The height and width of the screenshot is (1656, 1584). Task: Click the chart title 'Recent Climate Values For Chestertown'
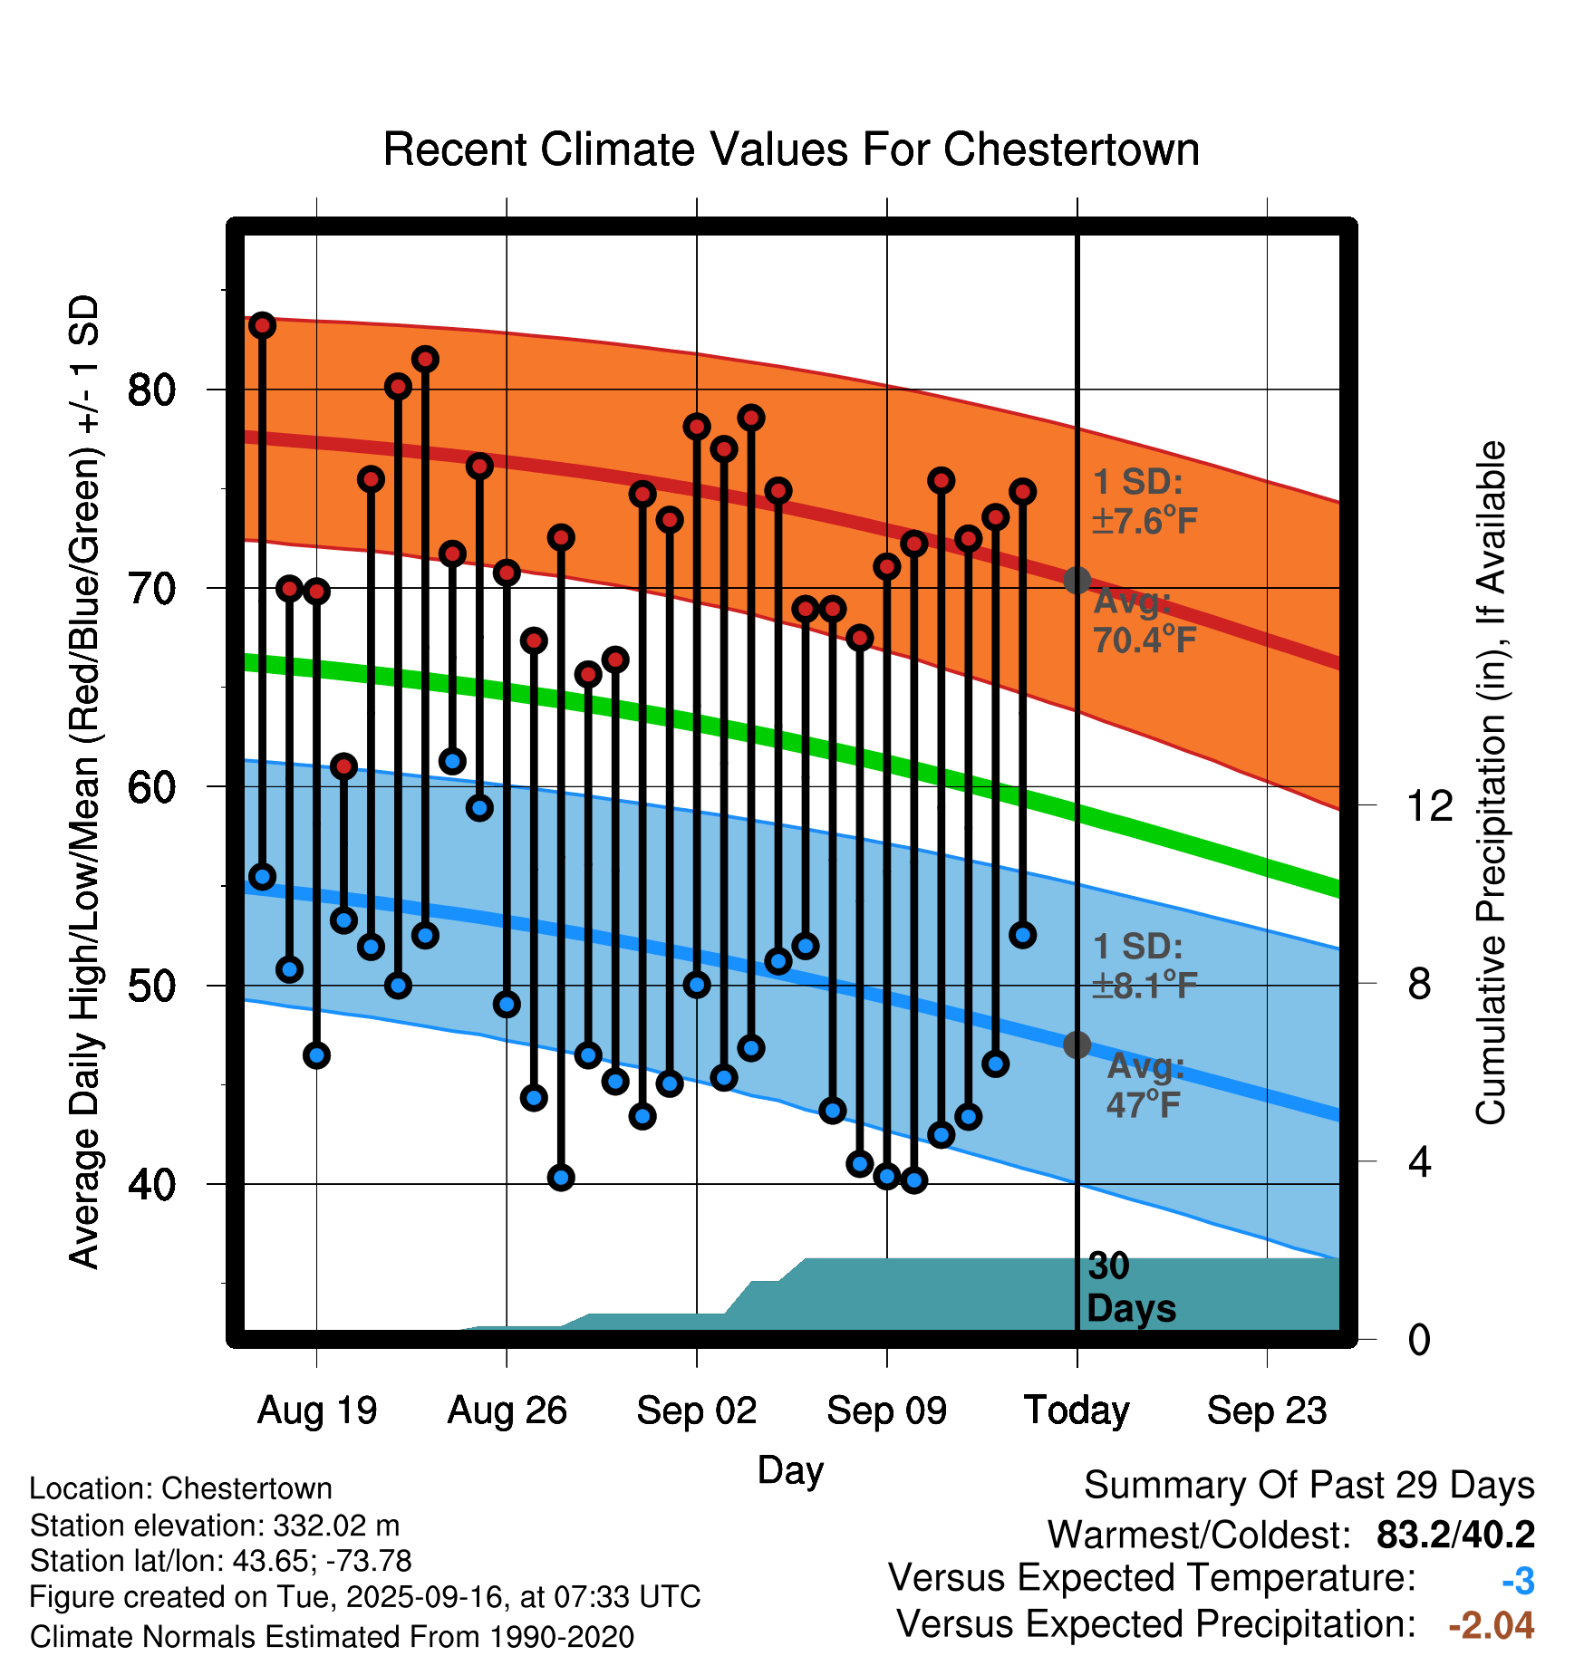(791, 149)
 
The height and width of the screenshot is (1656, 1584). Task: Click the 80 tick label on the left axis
(151, 390)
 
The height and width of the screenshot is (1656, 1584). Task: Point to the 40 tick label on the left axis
(151, 1184)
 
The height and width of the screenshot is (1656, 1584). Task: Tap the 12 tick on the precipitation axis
(1429, 805)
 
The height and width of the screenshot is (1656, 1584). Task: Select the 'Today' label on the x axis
(1077, 1410)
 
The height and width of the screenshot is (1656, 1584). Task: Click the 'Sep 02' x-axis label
(696, 1410)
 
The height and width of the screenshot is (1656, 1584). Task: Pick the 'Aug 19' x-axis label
(316, 1410)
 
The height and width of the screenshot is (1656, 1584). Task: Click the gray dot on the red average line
(1077, 580)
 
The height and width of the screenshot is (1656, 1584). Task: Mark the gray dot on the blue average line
(1077, 1045)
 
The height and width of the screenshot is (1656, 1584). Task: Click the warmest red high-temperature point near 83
(262, 325)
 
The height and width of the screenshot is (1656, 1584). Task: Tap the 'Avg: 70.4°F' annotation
(1144, 621)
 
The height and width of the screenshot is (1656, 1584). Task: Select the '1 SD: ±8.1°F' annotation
(1144, 966)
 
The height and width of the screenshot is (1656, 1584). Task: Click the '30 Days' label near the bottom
(1130, 1287)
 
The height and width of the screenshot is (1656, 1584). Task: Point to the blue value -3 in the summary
(1518, 1582)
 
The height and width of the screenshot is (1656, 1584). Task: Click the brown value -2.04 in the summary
(1491, 1626)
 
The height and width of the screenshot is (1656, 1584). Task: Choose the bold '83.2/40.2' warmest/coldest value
(1455, 1535)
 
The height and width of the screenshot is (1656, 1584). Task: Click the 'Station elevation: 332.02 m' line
(215, 1526)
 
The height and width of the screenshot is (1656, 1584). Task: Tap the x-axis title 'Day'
(790, 1469)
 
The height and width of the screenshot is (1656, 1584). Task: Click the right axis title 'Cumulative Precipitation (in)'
(1491, 784)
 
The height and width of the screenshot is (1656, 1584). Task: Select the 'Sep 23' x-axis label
(1266, 1410)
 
